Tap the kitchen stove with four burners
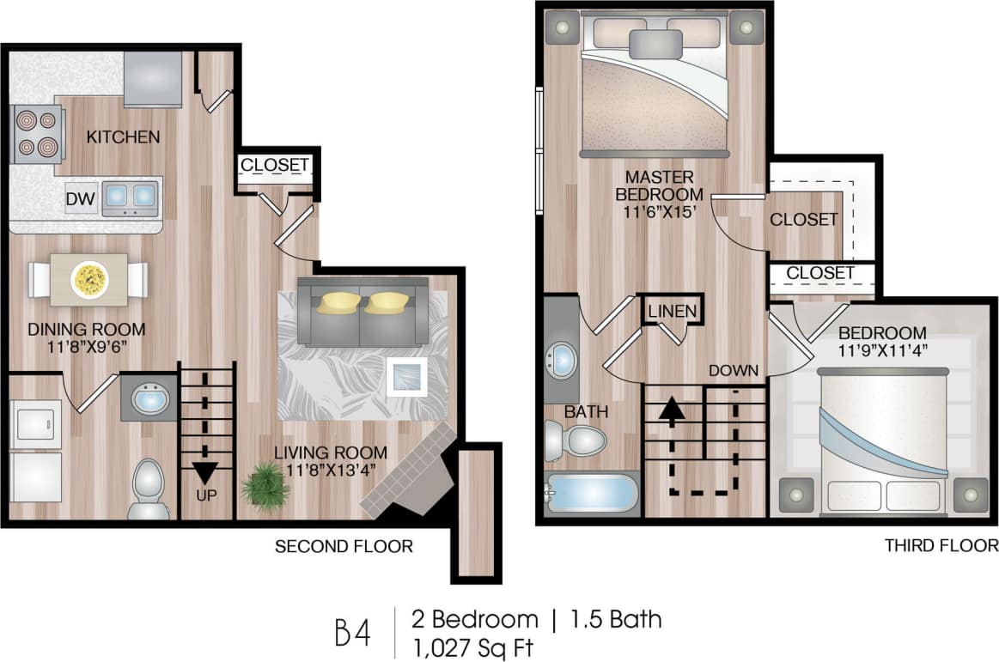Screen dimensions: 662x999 [36, 133]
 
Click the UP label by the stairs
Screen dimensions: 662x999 [205, 495]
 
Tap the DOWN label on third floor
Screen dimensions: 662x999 [734, 371]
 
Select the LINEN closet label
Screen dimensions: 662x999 [673, 311]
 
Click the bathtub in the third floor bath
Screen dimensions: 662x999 [593, 495]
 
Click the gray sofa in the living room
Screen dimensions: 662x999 [362, 312]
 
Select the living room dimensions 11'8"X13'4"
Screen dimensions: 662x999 [331, 470]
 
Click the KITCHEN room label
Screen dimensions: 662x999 [123, 137]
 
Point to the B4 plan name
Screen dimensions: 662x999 [352, 632]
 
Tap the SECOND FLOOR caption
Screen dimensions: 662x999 [344, 546]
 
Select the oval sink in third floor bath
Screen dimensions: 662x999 [563, 360]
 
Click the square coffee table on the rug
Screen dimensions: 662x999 [406, 376]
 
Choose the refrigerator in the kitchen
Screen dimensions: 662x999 [153, 79]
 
